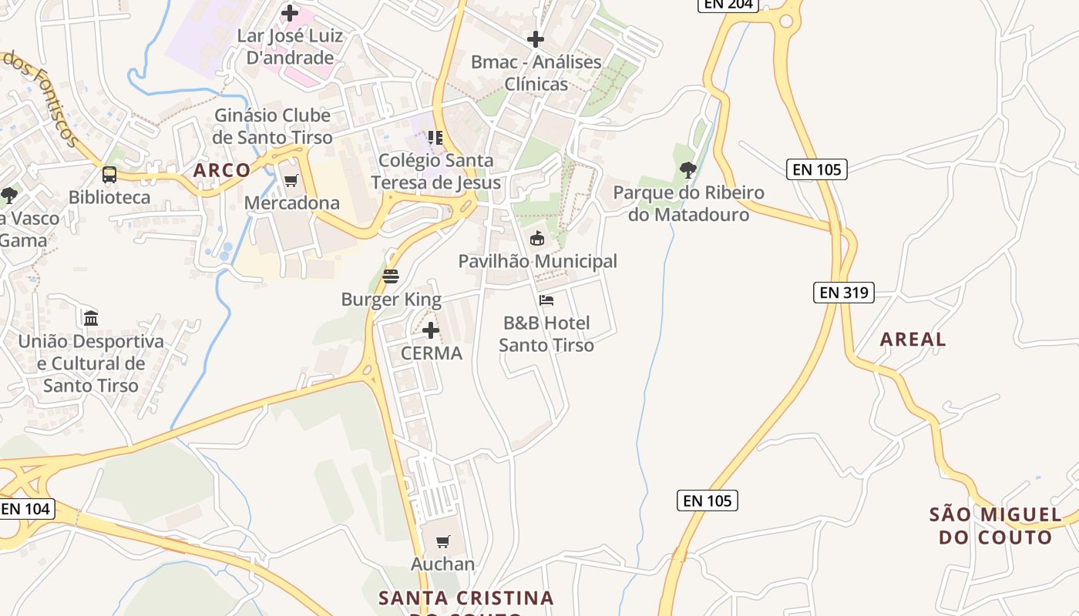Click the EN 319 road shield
click(x=843, y=293)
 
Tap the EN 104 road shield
click(x=26, y=509)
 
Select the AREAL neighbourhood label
click(x=913, y=340)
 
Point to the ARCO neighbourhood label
click(x=222, y=170)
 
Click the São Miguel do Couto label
click(x=995, y=526)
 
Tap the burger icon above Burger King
click(x=391, y=276)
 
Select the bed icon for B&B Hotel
click(x=546, y=300)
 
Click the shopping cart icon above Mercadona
click(x=291, y=181)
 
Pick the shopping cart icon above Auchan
click(x=442, y=542)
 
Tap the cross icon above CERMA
click(x=431, y=331)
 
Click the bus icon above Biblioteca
click(x=109, y=175)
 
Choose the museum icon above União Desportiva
click(x=91, y=317)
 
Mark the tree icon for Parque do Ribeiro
click(x=687, y=170)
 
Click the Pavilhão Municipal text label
click(x=538, y=262)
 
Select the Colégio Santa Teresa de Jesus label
click(x=435, y=172)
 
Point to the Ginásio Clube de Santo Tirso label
click(x=273, y=126)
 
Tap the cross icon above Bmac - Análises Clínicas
click(x=536, y=39)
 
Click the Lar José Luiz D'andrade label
click(x=290, y=46)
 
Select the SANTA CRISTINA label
click(x=466, y=598)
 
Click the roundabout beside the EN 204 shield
click(x=786, y=21)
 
